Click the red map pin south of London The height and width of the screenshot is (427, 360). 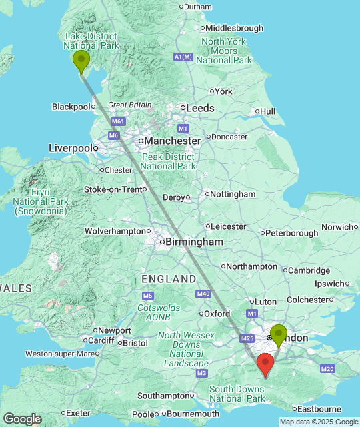pyautogui.click(x=265, y=365)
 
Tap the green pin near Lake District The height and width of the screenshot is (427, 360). pyautogui.click(x=81, y=61)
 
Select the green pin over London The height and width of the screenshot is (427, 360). pyautogui.click(x=278, y=334)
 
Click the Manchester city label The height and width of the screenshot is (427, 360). pyautogui.click(x=173, y=141)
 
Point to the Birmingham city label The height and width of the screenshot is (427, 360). pyautogui.click(x=194, y=242)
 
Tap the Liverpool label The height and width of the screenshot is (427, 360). pyautogui.click(x=70, y=147)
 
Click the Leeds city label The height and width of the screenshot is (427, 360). pyautogui.click(x=200, y=107)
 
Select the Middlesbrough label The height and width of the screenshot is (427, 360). pyautogui.click(x=234, y=28)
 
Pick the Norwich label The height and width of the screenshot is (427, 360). pyautogui.click(x=337, y=227)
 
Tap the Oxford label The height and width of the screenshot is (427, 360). pyautogui.click(x=217, y=313)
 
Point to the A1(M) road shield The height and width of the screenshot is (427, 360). pyautogui.click(x=183, y=57)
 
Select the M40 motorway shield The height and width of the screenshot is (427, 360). pyautogui.click(x=203, y=294)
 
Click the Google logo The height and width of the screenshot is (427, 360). pyautogui.click(x=21, y=419)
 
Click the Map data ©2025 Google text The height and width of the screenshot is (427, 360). pyautogui.click(x=318, y=422)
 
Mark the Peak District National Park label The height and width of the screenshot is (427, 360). pyautogui.click(x=168, y=161)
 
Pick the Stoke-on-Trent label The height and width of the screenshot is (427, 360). pyautogui.click(x=113, y=189)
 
